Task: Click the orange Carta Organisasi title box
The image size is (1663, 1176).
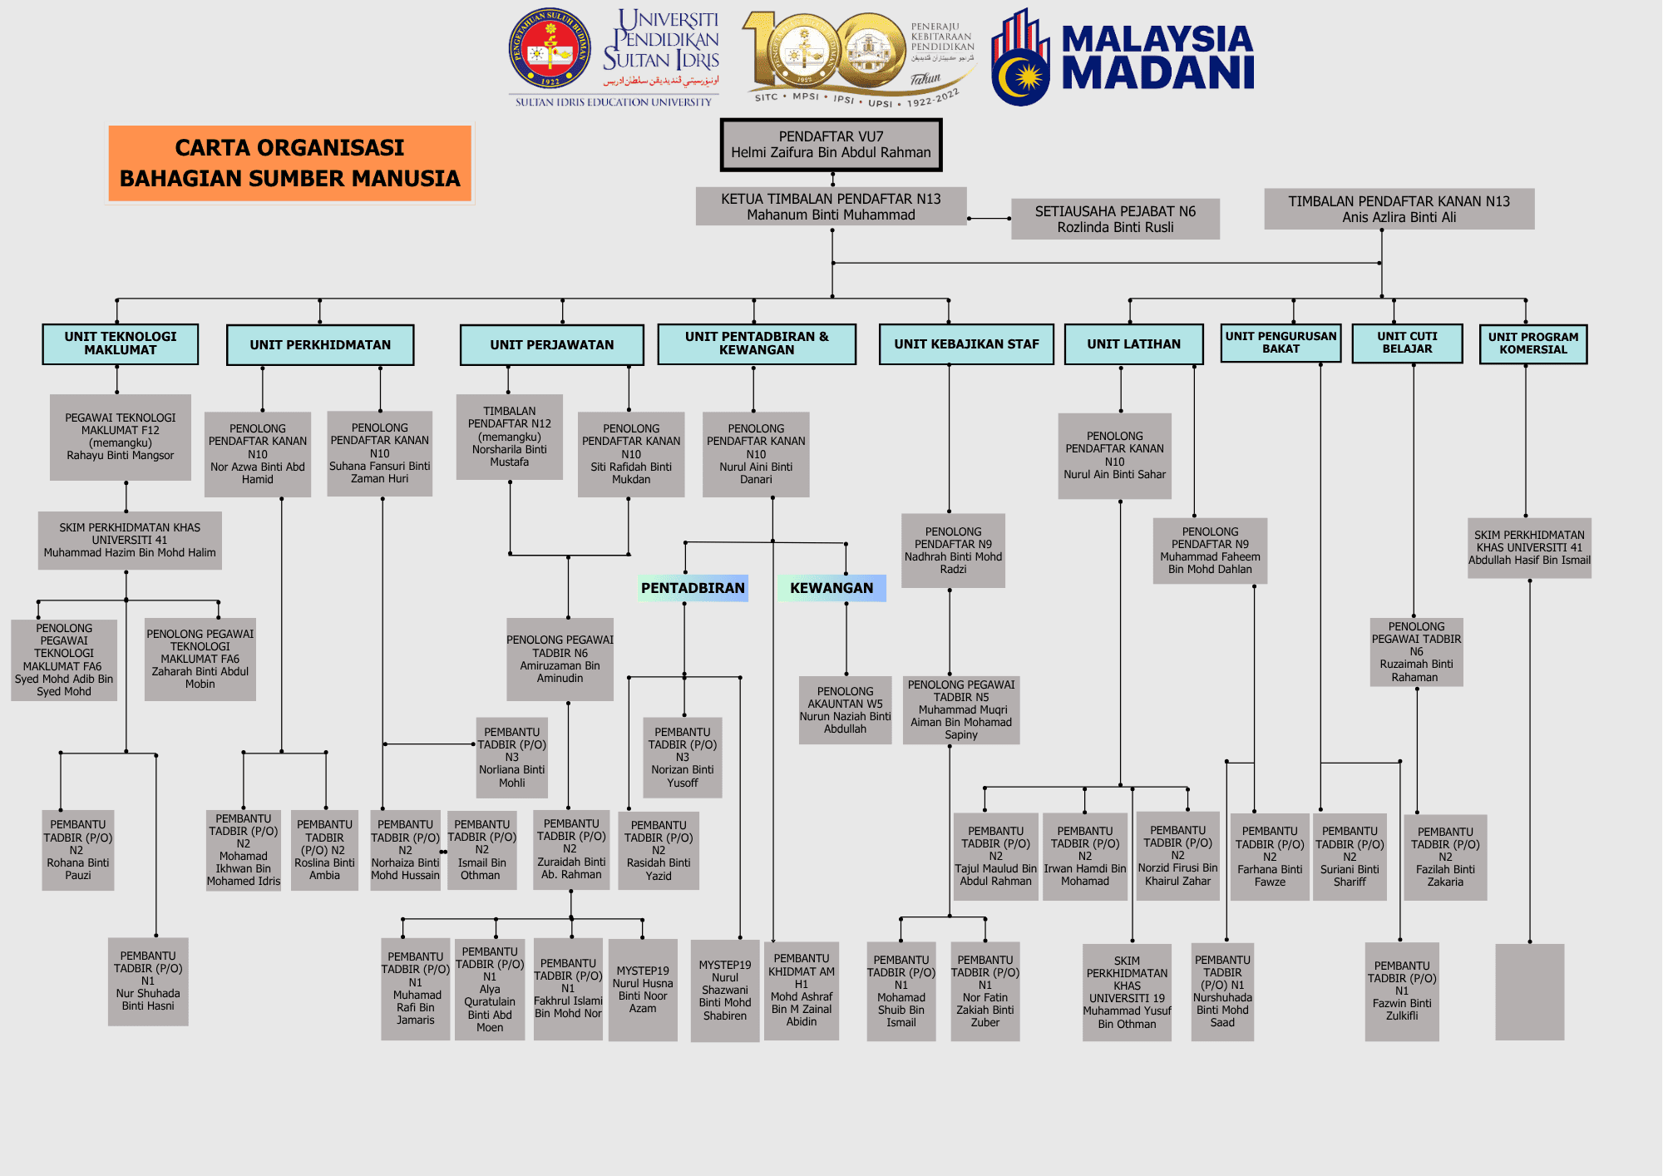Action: (x=289, y=163)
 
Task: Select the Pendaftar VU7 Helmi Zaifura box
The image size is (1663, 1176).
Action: (x=831, y=145)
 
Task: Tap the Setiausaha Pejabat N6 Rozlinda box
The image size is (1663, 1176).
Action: (x=1115, y=219)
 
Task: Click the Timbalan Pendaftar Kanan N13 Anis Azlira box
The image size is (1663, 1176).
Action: (x=1399, y=209)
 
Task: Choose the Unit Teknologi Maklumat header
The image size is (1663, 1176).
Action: (x=121, y=343)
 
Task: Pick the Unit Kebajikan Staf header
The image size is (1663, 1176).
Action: (x=966, y=344)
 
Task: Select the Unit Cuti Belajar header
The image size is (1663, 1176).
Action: (x=1407, y=343)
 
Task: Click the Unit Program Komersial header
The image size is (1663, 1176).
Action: (x=1532, y=343)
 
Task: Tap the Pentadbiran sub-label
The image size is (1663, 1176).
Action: (x=693, y=588)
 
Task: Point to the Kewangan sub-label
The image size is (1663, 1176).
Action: (x=831, y=588)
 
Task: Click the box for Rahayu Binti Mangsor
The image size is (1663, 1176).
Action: (x=121, y=437)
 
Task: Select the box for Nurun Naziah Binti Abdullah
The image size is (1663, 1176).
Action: (x=845, y=709)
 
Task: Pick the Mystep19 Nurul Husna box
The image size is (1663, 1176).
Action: (x=643, y=990)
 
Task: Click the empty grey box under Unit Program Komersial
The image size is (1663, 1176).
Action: (x=1529, y=991)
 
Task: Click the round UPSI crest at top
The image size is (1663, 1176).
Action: (x=550, y=49)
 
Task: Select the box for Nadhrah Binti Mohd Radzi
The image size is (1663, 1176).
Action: (x=953, y=551)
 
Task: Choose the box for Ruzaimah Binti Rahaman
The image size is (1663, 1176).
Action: (x=1416, y=651)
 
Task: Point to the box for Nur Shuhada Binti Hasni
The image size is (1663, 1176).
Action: (x=148, y=981)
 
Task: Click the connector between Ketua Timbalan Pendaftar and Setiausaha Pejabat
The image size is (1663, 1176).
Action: (x=989, y=219)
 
